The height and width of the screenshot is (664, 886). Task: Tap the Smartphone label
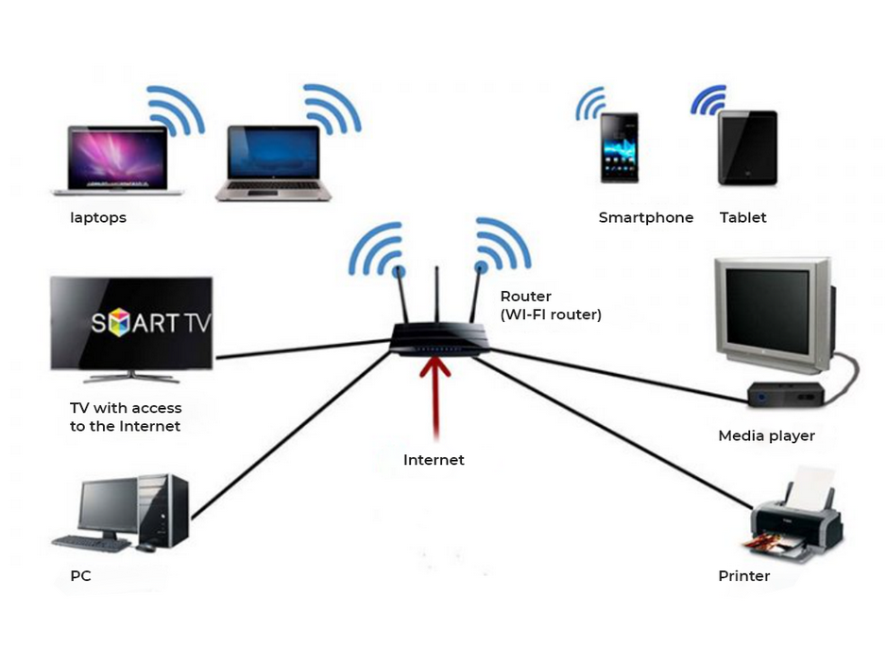(x=645, y=218)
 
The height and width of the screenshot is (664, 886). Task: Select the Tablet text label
(x=742, y=218)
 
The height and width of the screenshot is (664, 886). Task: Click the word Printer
(x=743, y=576)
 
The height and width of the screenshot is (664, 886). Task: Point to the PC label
(x=80, y=576)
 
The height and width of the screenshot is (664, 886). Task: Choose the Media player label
(x=766, y=436)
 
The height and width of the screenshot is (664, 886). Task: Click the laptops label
(x=97, y=218)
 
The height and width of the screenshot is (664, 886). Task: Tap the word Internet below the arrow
(x=434, y=461)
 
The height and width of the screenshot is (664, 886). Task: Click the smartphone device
(x=619, y=147)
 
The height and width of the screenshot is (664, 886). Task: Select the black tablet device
(x=747, y=147)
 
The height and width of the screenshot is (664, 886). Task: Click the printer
(x=795, y=520)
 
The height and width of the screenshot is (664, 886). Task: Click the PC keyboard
(x=92, y=544)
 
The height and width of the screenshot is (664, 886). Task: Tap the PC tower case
(x=162, y=510)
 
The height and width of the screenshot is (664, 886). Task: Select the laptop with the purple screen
(x=114, y=159)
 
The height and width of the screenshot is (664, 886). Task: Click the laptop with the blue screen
(x=274, y=161)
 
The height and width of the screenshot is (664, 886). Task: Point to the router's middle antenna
(x=437, y=298)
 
